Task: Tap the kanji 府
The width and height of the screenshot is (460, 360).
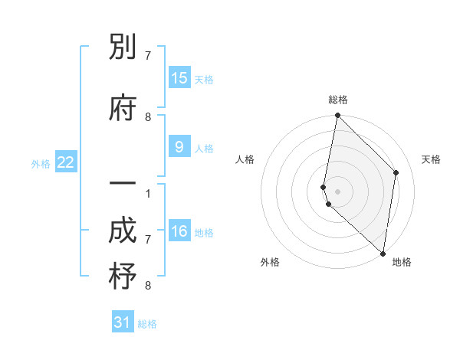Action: click(123, 109)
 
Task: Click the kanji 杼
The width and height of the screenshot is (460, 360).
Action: click(123, 277)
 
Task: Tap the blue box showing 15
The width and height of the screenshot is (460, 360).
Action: click(179, 78)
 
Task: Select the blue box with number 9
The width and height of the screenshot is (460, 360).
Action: click(179, 148)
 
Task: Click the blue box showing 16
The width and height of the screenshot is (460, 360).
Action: click(179, 231)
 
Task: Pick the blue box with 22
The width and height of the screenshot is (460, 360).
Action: click(66, 162)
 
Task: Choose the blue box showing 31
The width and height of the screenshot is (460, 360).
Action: click(123, 322)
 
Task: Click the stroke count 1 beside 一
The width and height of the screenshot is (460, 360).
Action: click(148, 192)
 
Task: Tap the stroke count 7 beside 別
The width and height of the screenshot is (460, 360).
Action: click(148, 56)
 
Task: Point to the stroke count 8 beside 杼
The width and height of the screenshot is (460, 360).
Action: click(148, 286)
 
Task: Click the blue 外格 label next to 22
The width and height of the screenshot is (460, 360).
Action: click(41, 163)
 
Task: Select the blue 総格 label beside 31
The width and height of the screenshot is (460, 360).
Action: click(147, 324)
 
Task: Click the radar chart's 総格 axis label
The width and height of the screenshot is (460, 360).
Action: click(338, 100)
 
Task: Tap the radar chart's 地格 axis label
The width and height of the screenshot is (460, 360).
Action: click(402, 262)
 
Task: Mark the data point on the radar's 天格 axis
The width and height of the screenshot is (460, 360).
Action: click(396, 172)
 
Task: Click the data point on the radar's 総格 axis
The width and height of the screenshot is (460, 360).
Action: click(337, 116)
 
